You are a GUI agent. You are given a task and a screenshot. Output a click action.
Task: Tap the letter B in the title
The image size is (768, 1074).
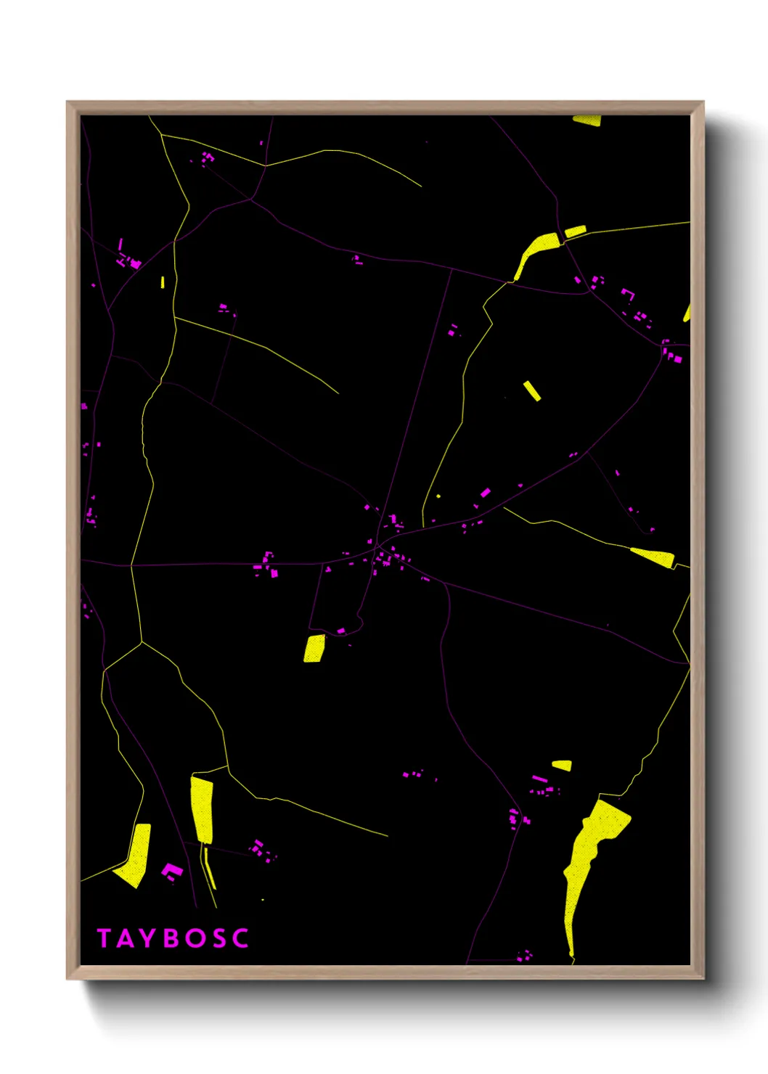(172, 938)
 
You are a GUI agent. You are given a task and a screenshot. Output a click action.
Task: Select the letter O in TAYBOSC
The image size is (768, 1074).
(195, 938)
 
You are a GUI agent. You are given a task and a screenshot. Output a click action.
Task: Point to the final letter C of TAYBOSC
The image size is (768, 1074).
(241, 938)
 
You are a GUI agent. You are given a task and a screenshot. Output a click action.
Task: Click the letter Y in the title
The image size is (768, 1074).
(149, 938)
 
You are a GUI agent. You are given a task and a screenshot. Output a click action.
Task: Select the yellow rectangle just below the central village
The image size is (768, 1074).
(314, 648)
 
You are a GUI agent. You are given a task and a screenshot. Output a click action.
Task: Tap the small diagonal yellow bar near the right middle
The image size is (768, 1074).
(532, 390)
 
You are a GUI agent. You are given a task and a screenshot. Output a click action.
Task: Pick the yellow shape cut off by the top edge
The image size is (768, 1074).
(587, 120)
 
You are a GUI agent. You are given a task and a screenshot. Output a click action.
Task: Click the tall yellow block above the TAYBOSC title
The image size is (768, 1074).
(203, 808)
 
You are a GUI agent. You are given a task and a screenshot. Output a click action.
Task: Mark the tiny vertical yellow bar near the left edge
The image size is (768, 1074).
(163, 282)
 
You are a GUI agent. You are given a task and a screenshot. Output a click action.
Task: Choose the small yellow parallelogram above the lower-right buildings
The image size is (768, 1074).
(562, 765)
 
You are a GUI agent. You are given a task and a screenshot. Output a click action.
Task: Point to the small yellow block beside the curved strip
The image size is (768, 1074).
(575, 231)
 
